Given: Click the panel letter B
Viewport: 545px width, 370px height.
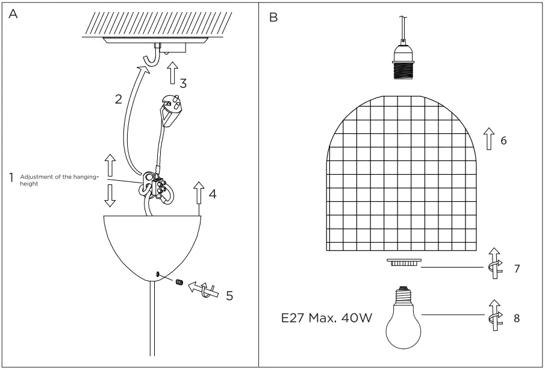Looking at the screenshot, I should point(274,15).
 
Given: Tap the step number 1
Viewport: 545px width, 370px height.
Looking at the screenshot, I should point(10,179).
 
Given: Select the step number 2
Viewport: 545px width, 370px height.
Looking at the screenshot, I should point(119,99).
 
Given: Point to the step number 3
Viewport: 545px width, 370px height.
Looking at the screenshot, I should point(183,84).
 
